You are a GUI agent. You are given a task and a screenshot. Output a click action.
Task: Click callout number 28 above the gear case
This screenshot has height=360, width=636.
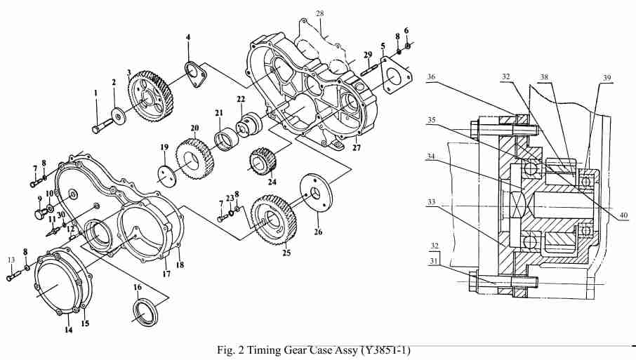coord(319,13)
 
